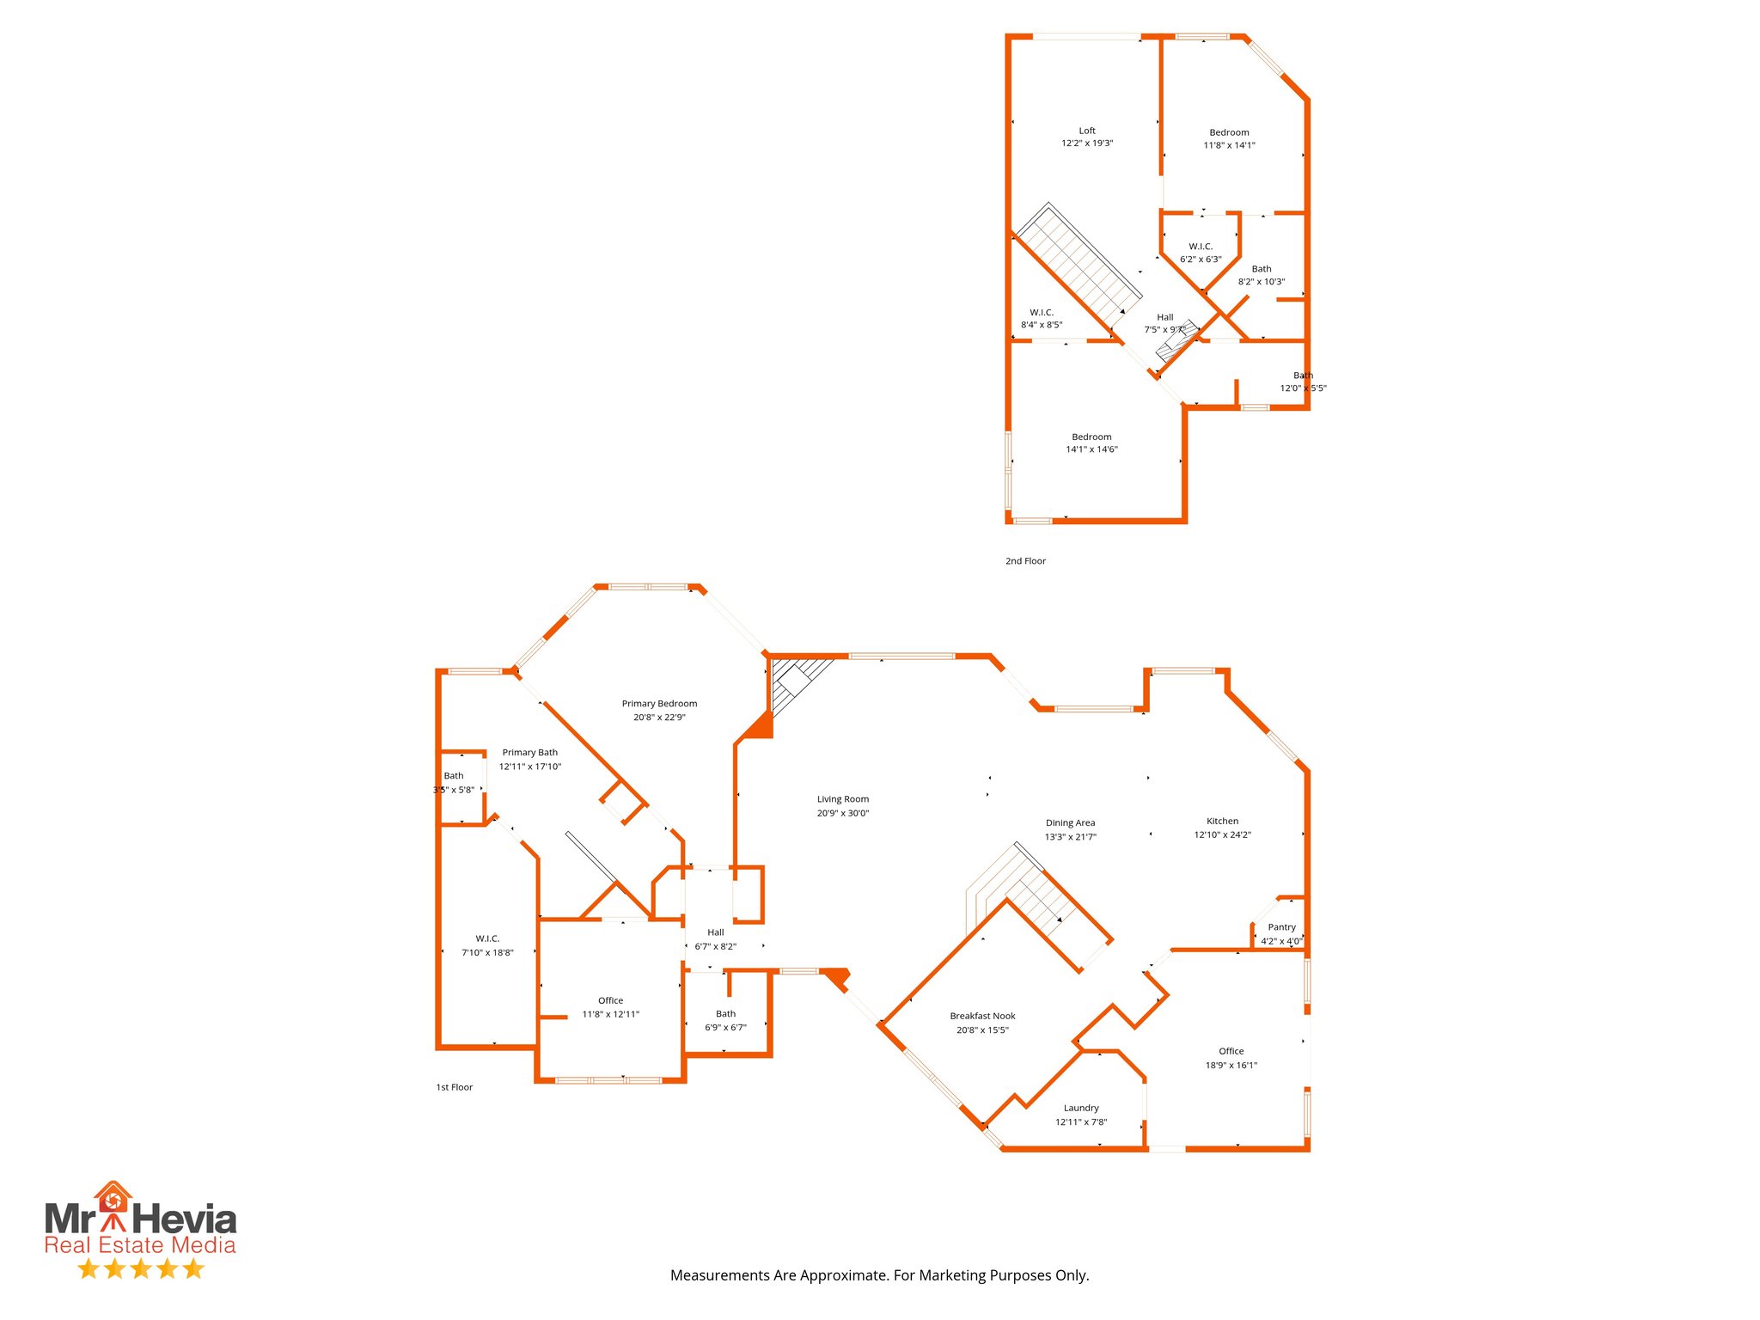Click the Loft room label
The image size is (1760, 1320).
[1087, 131]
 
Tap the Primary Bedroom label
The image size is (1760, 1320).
[659, 704]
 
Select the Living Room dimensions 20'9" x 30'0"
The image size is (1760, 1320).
[842, 813]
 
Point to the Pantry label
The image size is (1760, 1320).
[1281, 927]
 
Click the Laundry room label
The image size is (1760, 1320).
[1081, 1108]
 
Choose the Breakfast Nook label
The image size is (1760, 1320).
[982, 1016]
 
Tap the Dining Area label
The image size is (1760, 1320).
[1070, 822]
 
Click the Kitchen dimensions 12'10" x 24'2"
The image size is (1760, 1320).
[1222, 834]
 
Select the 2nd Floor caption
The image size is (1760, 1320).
[1025, 561]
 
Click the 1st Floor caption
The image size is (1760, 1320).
[454, 1087]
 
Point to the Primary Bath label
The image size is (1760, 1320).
[529, 753]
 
